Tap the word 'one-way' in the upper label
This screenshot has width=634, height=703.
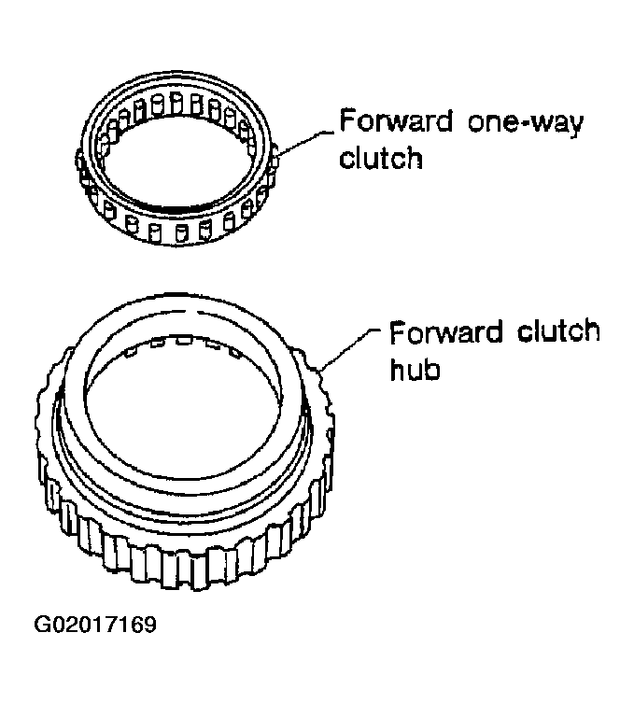click(526, 123)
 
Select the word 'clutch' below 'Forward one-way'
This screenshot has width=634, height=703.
click(381, 158)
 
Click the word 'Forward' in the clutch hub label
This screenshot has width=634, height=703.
click(445, 332)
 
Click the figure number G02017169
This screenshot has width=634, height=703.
click(95, 625)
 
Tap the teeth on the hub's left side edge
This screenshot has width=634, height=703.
click(45, 448)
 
